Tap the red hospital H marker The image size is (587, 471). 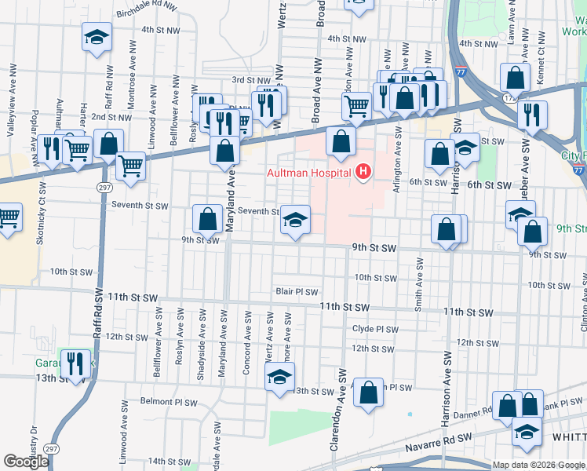click(x=363, y=170)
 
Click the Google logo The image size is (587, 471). click(x=26, y=462)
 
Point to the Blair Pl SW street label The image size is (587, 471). click(x=297, y=290)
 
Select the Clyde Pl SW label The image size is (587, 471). click(x=375, y=330)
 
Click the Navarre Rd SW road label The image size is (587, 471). click(x=439, y=442)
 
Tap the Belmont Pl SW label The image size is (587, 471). click(x=168, y=401)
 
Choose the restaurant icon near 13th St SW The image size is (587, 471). click(x=76, y=363)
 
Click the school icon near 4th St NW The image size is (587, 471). click(x=97, y=37)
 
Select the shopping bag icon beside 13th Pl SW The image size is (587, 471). click(x=368, y=392)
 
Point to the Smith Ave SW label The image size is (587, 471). click(x=419, y=283)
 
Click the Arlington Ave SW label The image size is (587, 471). click(x=399, y=156)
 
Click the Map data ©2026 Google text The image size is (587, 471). click(x=538, y=465)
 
